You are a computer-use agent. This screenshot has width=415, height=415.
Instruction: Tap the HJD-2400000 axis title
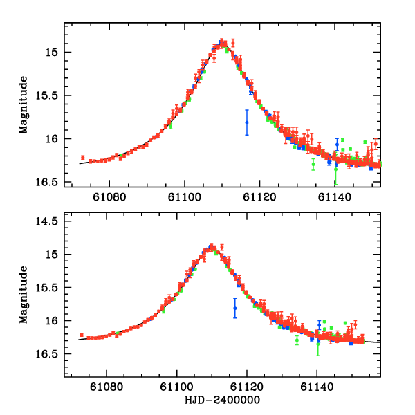coord(223,400)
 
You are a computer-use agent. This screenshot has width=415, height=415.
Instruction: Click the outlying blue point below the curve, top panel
coord(247,122)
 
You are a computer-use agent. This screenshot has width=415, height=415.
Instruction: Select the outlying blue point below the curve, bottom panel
coord(235,308)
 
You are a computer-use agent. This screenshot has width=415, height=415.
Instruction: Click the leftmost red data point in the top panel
coord(82,158)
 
